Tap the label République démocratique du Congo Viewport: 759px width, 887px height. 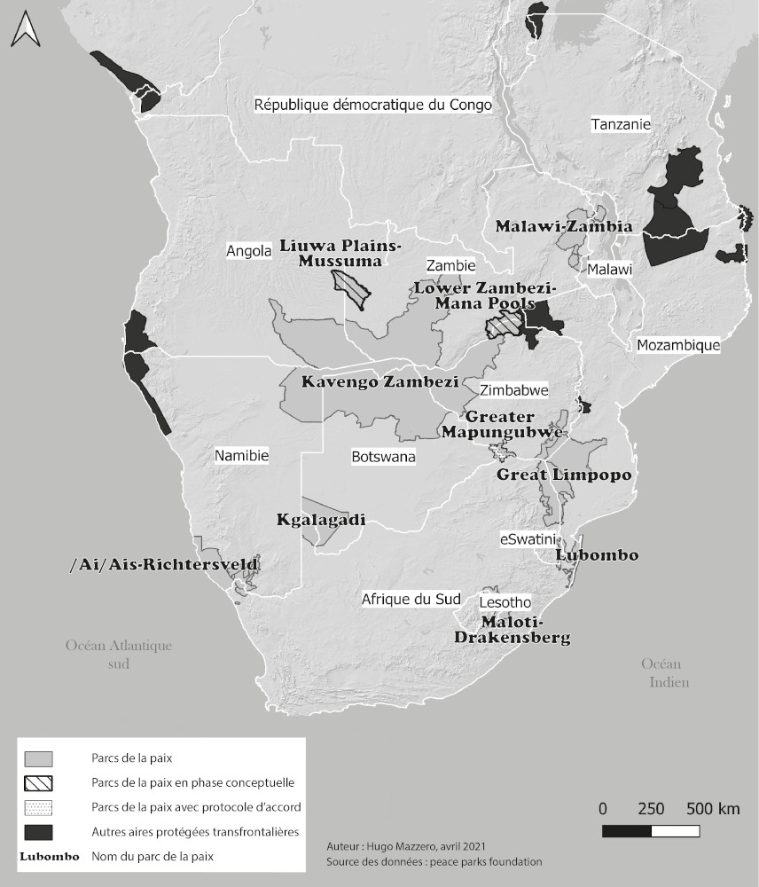372,105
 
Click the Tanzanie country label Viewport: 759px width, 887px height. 621,125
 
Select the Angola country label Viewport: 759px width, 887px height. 248,251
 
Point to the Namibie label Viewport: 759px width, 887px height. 241,456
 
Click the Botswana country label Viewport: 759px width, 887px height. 383,457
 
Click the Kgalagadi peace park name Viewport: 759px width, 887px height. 321,520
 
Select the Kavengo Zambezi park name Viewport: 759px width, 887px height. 379,383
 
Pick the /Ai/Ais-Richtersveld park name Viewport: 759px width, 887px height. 164,564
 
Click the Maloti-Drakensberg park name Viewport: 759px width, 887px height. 512,630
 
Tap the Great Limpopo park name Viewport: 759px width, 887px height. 564,475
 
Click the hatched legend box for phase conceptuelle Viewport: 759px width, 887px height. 38,783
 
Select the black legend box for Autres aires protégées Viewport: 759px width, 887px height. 38,832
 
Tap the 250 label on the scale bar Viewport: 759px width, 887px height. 651,809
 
